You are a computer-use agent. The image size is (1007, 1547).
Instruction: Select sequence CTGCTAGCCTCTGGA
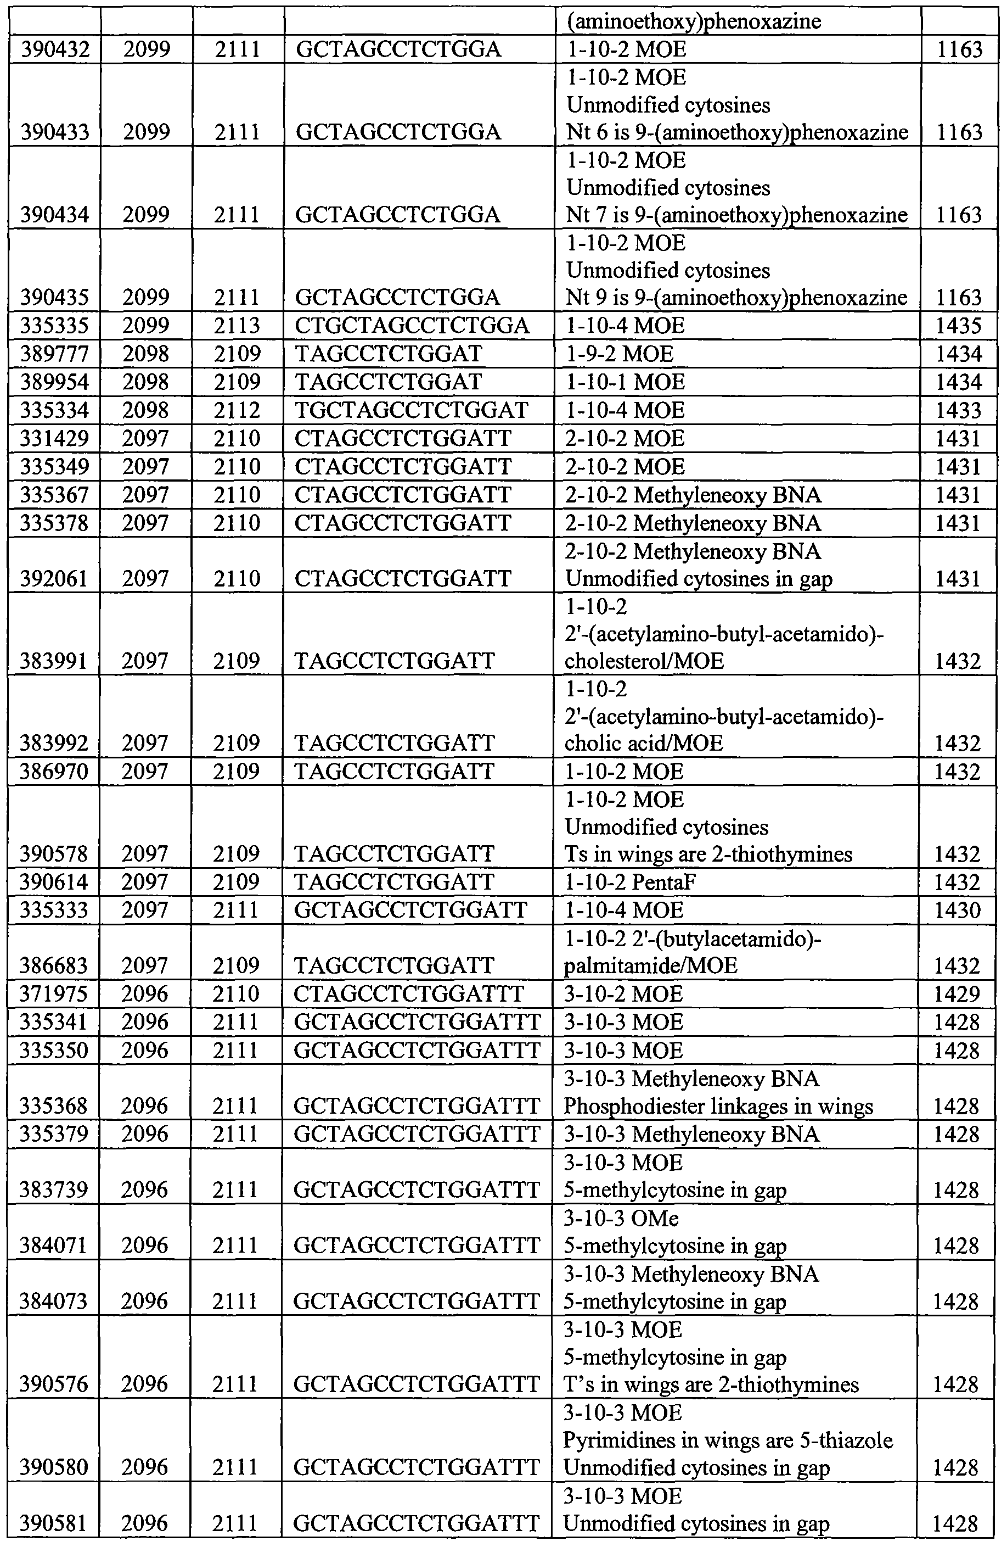tap(412, 325)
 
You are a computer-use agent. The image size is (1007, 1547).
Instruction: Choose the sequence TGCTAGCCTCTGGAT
tap(411, 410)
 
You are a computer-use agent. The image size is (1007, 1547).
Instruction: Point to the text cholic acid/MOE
tap(643, 743)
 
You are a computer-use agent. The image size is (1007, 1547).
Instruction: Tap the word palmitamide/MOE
tap(650, 966)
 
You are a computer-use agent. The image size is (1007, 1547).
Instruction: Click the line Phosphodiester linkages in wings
tap(718, 1107)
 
